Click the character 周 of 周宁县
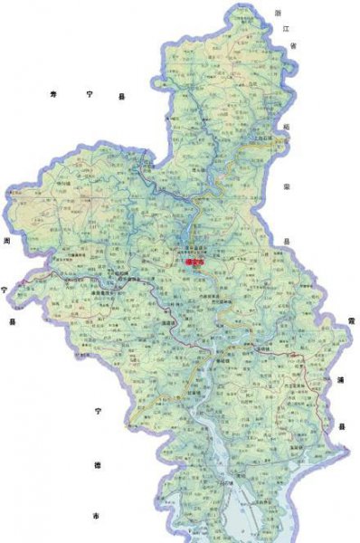coord(6,242)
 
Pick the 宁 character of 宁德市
coord(97,412)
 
